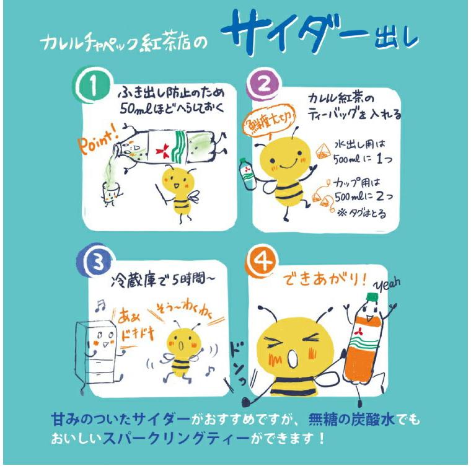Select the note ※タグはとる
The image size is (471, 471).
click(361, 211)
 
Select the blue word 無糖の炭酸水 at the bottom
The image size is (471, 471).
click(350, 421)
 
